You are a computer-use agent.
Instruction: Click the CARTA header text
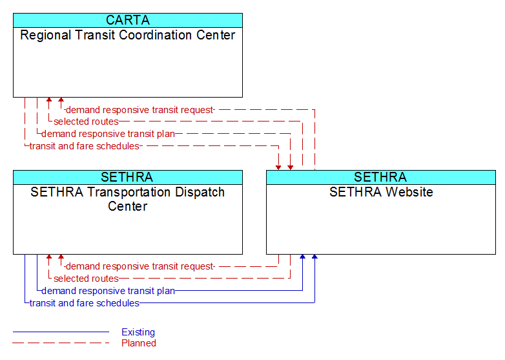pyautogui.click(x=128, y=20)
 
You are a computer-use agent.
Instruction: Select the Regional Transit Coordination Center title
pyautogui.click(x=128, y=35)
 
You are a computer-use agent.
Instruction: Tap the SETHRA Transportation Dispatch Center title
pyautogui.click(x=128, y=199)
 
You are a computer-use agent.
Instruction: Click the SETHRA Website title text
pyautogui.click(x=381, y=192)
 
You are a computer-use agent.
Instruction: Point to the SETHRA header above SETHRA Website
pyautogui.click(x=380, y=177)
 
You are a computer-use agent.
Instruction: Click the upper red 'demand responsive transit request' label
pyautogui.click(x=139, y=110)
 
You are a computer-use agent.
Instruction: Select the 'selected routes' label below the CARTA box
pyautogui.click(x=86, y=122)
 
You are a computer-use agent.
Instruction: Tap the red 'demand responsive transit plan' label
pyautogui.click(x=108, y=134)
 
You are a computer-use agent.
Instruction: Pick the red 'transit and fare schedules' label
pyautogui.click(x=85, y=146)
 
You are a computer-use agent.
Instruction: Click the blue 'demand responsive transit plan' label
pyautogui.click(x=108, y=291)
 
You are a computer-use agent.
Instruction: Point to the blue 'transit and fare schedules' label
pyautogui.click(x=85, y=303)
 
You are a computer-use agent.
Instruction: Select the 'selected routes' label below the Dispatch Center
pyautogui.click(x=86, y=279)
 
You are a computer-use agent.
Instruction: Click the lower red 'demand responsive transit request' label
pyautogui.click(x=139, y=266)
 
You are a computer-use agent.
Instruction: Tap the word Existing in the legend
pyautogui.click(x=138, y=332)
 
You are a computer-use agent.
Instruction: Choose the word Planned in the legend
pyautogui.click(x=139, y=343)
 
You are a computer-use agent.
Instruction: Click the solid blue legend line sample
pyautogui.click(x=61, y=332)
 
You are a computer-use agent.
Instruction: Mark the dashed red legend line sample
pyautogui.click(x=61, y=343)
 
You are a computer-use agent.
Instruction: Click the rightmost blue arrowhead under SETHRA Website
pyautogui.click(x=314, y=257)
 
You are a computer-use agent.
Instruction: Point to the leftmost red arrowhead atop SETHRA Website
pyautogui.click(x=278, y=167)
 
